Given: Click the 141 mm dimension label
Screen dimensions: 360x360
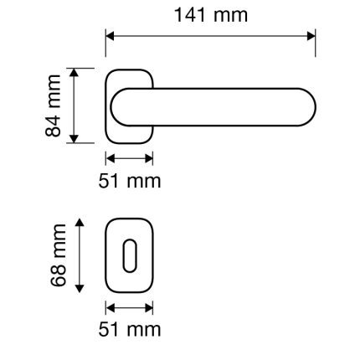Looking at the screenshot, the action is (x=211, y=15).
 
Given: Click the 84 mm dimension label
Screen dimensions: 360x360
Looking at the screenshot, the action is (x=53, y=105).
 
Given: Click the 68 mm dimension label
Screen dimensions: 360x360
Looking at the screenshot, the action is (x=59, y=255).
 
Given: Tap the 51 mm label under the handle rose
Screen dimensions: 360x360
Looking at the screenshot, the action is (x=130, y=181).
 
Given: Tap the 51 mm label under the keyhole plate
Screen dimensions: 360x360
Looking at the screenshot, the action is (x=130, y=330).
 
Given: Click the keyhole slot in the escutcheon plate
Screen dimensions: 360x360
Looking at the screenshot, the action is (x=130, y=255).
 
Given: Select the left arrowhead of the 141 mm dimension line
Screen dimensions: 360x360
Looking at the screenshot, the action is (x=111, y=36).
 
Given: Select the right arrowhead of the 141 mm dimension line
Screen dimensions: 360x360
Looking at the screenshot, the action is (x=311, y=36).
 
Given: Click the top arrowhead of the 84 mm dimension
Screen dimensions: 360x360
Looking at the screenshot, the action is (x=74, y=72).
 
